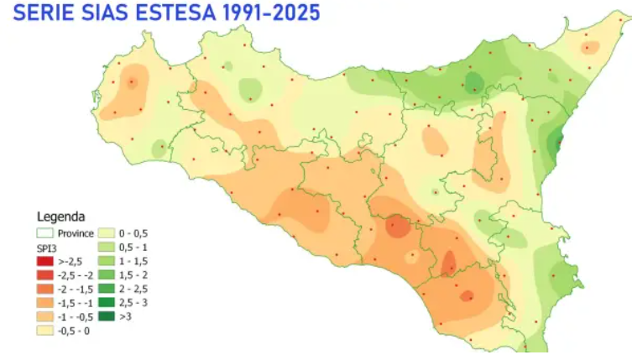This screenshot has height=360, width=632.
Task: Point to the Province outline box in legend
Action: tap(44, 232)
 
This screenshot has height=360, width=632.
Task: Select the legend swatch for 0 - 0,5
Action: tap(108, 232)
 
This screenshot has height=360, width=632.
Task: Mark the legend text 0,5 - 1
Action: tap(134, 248)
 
